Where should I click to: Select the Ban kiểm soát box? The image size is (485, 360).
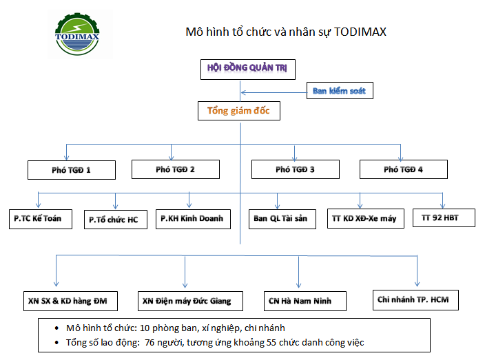click(340, 90)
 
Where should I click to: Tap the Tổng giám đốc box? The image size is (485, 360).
click(239, 110)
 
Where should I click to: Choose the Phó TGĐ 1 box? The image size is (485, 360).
click(72, 169)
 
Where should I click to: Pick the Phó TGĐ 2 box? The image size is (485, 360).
click(176, 169)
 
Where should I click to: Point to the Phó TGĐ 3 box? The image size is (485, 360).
click(295, 169)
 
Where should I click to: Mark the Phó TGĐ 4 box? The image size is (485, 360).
click(404, 169)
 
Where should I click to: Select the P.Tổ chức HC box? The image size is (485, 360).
click(114, 220)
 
